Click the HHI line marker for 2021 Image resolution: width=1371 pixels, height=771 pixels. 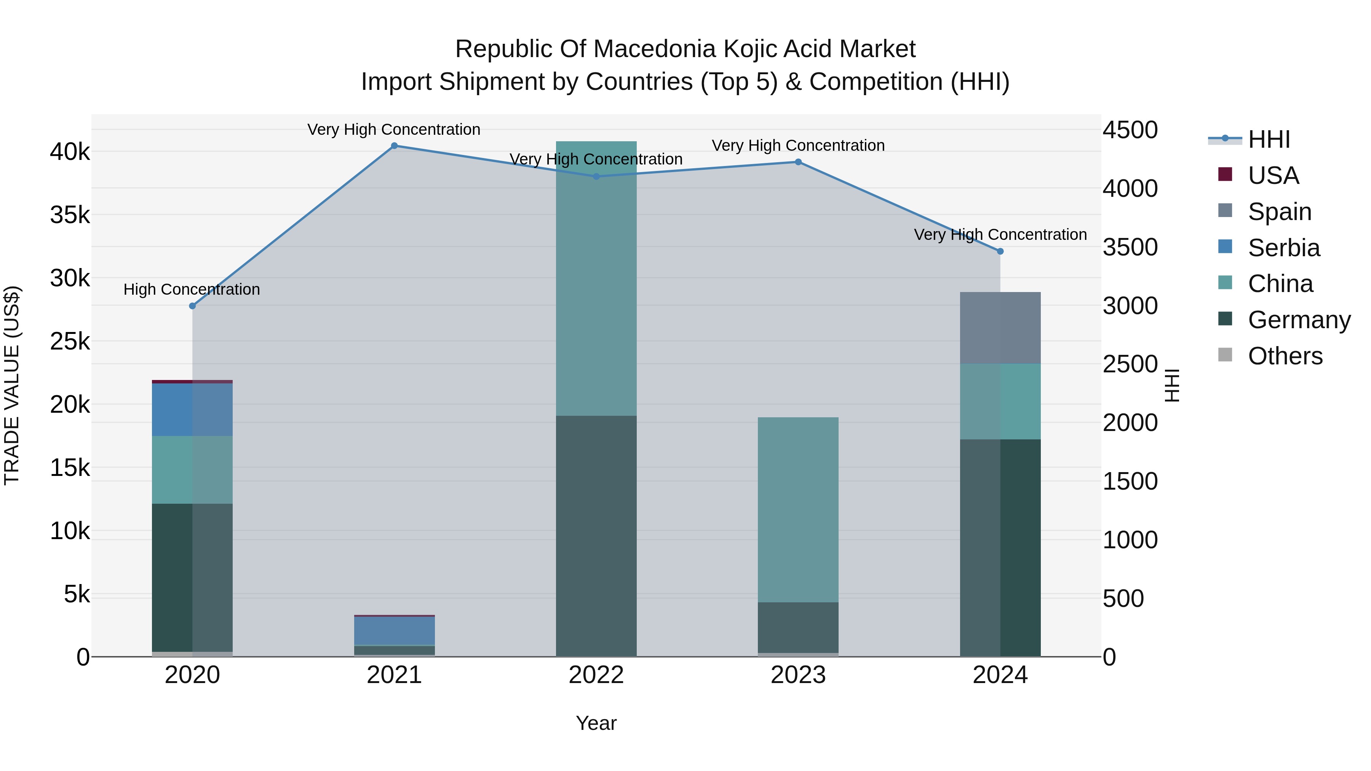coord(395,146)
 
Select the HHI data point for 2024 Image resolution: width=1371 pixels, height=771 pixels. coord(1000,251)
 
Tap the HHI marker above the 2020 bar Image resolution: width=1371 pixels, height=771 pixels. coord(193,306)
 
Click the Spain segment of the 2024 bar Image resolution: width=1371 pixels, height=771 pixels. coord(1000,328)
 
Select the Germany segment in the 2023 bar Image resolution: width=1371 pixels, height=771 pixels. coord(798,627)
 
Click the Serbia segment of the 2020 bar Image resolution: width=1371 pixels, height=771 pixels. coord(192,409)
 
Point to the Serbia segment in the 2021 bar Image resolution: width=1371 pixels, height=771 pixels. coord(395,631)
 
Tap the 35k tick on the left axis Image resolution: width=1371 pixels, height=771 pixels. coord(70,215)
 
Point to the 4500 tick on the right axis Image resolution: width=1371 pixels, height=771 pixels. coord(1130,130)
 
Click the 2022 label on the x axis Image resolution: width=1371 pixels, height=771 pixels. coord(596,675)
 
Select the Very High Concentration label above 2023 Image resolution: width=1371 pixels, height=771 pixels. coord(798,145)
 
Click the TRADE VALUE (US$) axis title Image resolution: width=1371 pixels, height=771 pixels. coord(12,385)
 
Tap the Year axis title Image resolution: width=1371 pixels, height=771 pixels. coord(596,723)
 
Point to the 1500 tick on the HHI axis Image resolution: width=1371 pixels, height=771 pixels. coord(1130,482)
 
